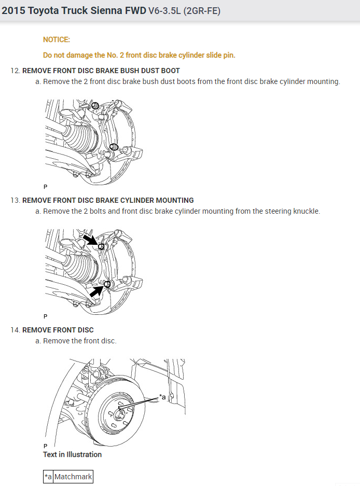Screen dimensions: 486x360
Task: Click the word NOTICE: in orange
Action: pos(57,39)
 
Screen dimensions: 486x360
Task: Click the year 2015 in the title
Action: pos(13,10)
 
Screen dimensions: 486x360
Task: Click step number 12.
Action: pos(15,71)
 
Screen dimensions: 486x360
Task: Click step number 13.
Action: pos(15,200)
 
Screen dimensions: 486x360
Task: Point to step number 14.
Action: pos(15,330)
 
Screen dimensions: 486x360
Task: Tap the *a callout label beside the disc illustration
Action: pos(162,397)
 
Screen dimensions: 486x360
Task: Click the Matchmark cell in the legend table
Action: pos(73,477)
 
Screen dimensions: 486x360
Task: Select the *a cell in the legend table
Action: pos(48,477)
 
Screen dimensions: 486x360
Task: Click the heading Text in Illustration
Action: pos(72,454)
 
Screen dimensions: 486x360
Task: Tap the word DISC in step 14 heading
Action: pos(85,330)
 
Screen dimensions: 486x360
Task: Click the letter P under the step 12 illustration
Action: pos(46,186)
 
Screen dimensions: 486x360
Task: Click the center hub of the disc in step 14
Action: pos(120,411)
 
